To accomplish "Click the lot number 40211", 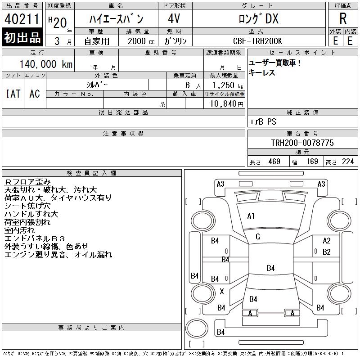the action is coord(22,19).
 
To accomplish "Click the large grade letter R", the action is coord(343,18).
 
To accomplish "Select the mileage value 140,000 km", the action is coord(46,64).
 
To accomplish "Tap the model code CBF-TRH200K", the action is coord(257,41).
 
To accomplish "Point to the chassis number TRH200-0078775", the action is coord(302,143).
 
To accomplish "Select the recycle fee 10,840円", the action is coord(227,103).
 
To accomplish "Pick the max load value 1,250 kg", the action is coord(227,85).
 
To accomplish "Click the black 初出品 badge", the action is coord(22,37).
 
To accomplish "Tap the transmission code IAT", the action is coord(13,94).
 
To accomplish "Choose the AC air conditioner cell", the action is coord(35,94).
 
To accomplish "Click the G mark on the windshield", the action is coord(258,237).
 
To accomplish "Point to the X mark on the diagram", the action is coord(222,292).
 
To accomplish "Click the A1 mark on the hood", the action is coord(251,216).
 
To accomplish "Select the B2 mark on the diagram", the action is coord(327,252).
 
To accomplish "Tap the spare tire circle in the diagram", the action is coord(197,328).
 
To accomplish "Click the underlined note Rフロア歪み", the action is coord(27,182).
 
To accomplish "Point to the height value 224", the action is coord(348,162).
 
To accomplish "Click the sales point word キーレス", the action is coord(262,72).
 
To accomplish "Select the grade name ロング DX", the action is coord(259,19).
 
